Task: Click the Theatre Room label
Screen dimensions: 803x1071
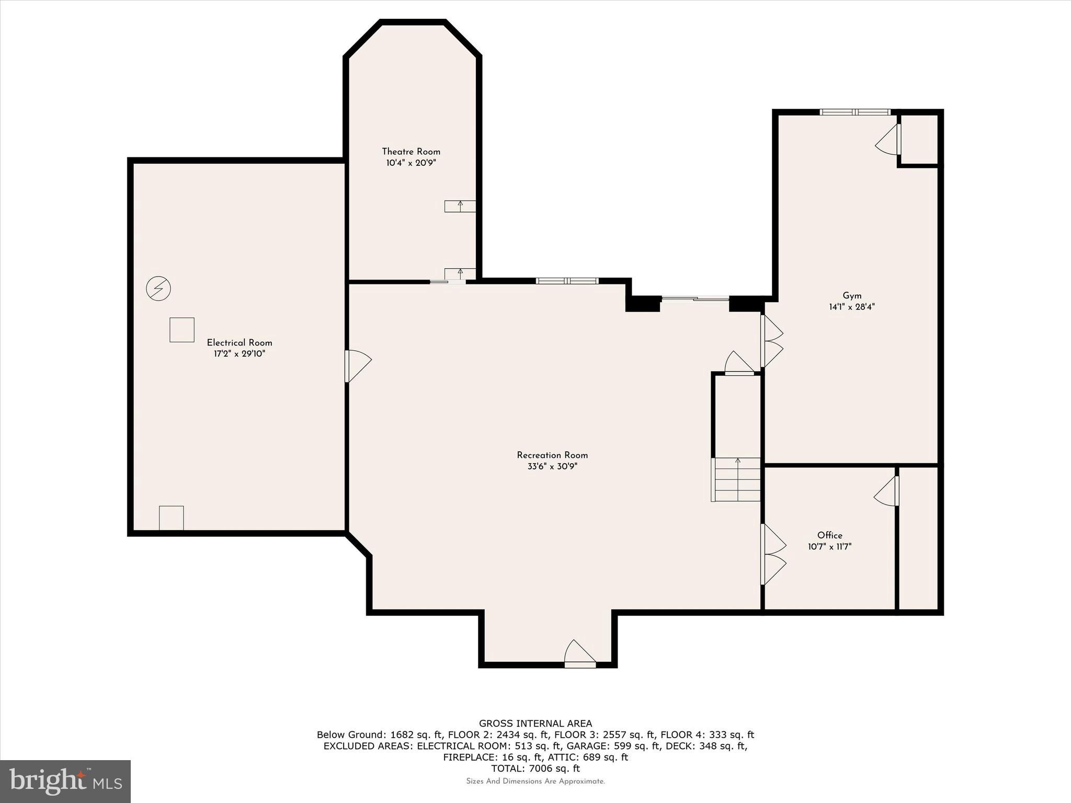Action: point(411,152)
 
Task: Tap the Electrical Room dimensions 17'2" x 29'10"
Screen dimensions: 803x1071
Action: point(239,354)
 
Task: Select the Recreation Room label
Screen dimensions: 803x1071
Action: point(552,455)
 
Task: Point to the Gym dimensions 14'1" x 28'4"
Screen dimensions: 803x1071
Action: point(851,307)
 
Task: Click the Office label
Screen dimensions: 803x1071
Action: point(829,535)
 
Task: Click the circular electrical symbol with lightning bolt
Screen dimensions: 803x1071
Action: point(158,288)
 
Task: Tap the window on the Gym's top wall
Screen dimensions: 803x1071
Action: point(854,112)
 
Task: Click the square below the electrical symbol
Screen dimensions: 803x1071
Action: point(182,330)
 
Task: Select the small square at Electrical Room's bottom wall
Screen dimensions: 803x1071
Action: point(172,518)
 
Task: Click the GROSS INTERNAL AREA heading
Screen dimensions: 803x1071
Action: point(535,724)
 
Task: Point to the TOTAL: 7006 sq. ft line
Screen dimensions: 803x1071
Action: point(535,768)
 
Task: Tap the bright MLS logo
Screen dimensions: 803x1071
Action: point(65,781)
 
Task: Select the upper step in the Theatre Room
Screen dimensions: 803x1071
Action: point(460,206)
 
